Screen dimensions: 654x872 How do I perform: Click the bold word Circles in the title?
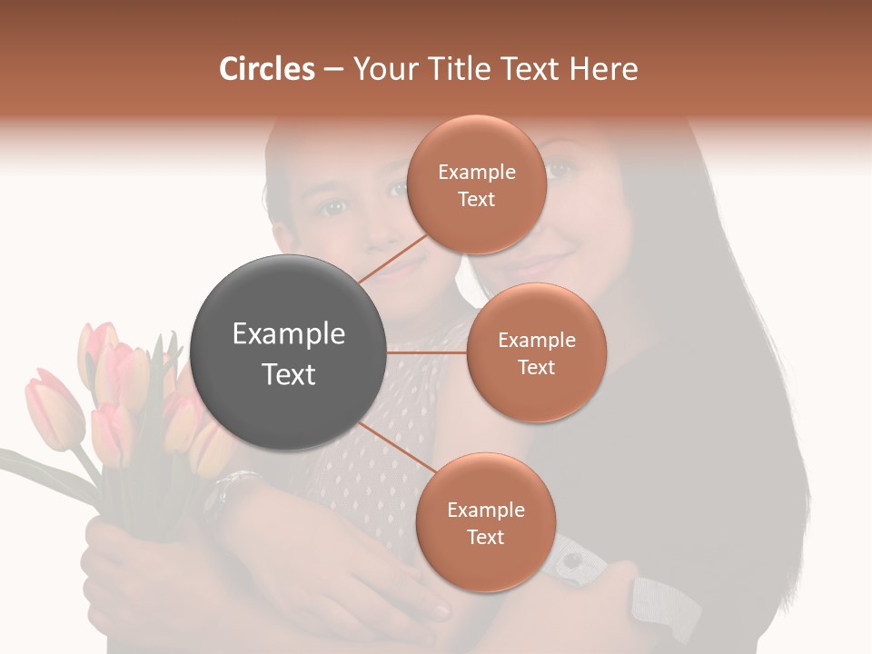pos(267,69)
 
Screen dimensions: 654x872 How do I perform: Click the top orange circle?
pos(476,184)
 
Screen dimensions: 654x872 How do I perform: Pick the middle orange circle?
pos(536,352)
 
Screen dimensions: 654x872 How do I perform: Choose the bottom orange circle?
pos(485,522)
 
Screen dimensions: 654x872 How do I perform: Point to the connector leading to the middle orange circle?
pos(427,352)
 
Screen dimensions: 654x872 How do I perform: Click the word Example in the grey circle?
pos(289,334)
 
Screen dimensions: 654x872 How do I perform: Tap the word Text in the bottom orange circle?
pos(485,537)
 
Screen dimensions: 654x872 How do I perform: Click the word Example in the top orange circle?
pos(476,172)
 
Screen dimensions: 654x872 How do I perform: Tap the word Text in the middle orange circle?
pos(536,367)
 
